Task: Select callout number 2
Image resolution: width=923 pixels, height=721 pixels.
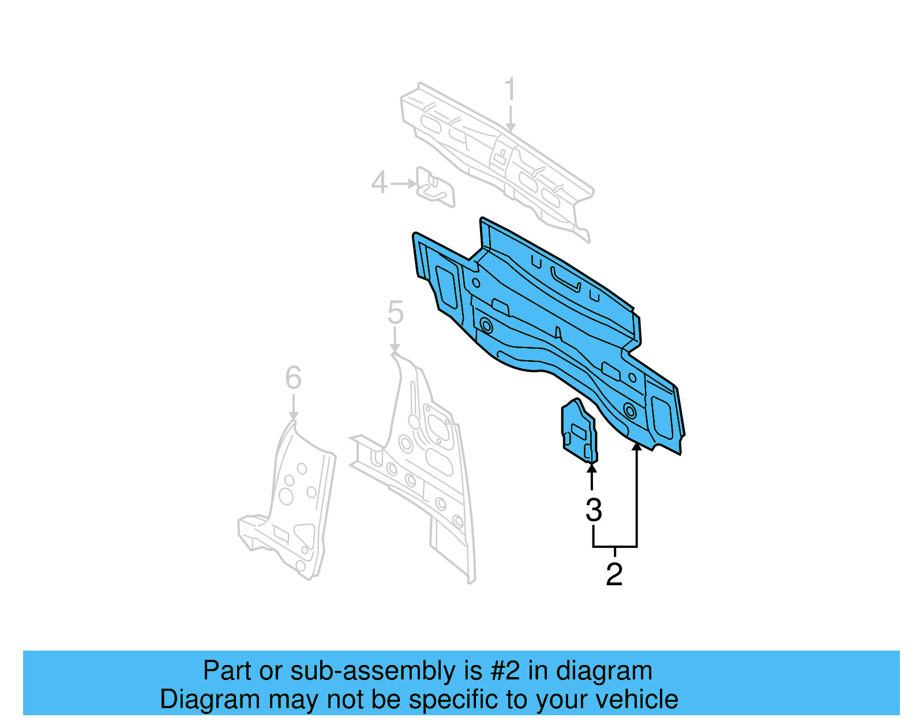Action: tap(614, 574)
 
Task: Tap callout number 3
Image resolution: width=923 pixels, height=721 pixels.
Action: tap(594, 510)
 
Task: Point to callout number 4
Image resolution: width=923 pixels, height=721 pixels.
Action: tap(379, 182)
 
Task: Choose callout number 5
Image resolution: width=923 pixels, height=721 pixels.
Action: tap(395, 313)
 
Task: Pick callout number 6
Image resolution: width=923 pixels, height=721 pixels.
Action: tap(293, 378)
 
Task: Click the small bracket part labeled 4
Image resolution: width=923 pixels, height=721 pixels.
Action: tap(436, 187)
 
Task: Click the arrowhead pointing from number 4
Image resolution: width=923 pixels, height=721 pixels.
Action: tap(412, 184)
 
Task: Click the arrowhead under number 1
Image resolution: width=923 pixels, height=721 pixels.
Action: tap(510, 128)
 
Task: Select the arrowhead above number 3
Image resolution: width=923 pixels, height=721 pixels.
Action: tap(591, 469)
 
